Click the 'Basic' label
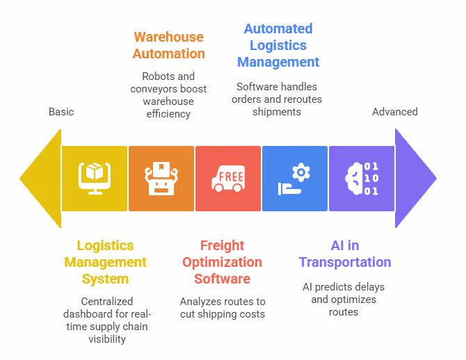61,112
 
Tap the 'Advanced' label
394,112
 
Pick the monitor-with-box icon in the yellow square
95,179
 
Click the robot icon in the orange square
161,179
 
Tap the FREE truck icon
228,179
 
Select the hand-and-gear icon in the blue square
294,179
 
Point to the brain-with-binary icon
362,179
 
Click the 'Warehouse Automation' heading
169,45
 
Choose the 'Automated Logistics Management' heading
278,45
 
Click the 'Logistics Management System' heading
105,262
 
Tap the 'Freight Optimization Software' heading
222,262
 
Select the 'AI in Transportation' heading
345,254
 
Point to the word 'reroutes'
300,99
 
